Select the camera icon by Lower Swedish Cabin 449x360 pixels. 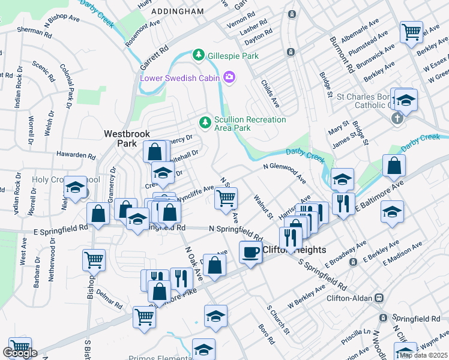[229, 77]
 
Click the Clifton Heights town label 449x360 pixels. [294, 250]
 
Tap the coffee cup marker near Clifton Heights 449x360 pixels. [250, 252]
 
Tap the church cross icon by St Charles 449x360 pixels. [396, 119]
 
